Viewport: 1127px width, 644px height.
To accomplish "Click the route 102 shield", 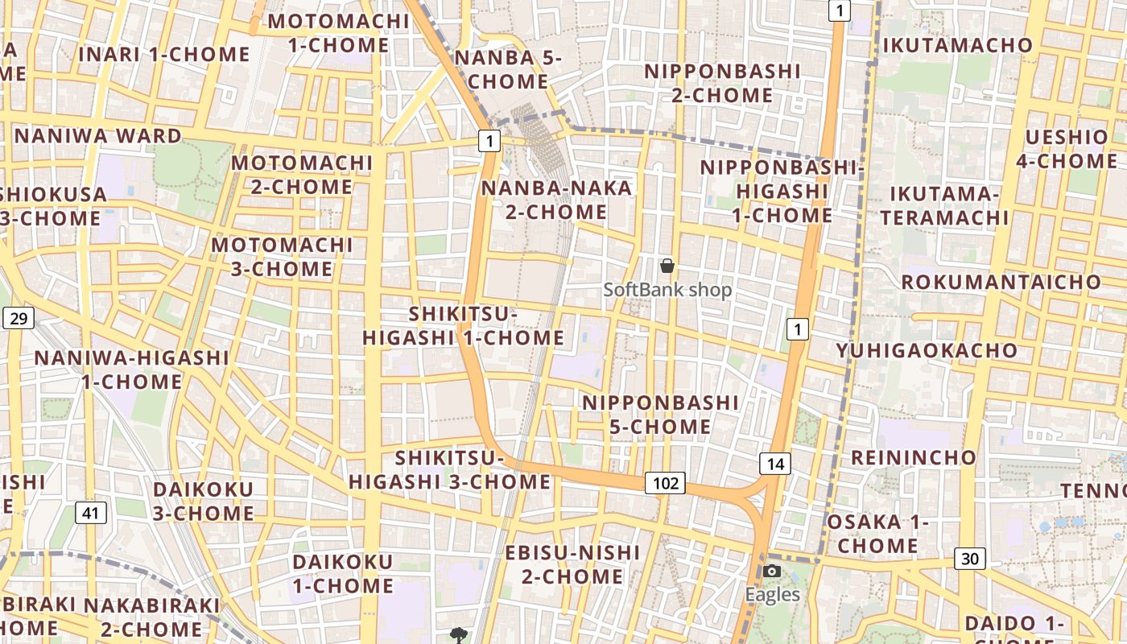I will (665, 483).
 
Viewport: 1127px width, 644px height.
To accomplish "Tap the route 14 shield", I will (775, 464).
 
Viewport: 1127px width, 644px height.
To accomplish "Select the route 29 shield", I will (19, 318).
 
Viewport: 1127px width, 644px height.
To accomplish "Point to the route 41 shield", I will (91, 512).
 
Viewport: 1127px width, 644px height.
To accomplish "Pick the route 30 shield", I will (970, 558).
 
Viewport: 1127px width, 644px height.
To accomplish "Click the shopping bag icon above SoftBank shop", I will (667, 266).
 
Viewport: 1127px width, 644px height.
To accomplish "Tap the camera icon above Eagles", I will (772, 571).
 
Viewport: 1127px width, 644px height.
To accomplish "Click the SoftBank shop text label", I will (667, 290).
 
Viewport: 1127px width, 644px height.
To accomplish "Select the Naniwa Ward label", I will (98, 135).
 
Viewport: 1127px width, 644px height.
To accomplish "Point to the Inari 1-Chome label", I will (164, 54).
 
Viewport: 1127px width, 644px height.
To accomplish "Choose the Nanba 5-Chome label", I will (508, 69).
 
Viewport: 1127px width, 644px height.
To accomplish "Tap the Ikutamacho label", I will (958, 45).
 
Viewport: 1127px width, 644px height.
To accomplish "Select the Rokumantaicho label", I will (1001, 283).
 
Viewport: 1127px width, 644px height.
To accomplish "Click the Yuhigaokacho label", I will (927, 351).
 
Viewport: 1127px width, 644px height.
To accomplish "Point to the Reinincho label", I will (913, 458).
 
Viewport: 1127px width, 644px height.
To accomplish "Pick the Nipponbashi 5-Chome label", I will (660, 414).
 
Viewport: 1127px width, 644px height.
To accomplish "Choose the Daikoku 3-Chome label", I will (203, 501).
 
